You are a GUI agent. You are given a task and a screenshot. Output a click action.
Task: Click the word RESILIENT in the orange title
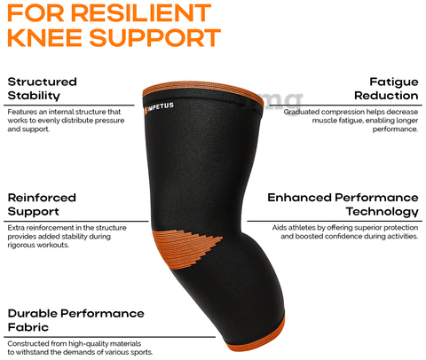tap(140, 13)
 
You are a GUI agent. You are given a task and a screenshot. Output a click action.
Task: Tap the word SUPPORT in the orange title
tap(154, 37)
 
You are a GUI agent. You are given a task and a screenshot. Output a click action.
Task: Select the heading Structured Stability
tap(42, 89)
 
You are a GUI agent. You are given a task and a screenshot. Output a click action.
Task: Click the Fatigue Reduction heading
tap(386, 89)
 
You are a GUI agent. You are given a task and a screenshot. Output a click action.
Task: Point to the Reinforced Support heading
tap(42, 205)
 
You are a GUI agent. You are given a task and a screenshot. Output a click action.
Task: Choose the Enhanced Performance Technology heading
tap(343, 205)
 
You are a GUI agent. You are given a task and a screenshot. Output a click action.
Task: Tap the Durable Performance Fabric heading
tap(75, 320)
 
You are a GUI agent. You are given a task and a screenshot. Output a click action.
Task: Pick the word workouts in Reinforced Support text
tap(56, 245)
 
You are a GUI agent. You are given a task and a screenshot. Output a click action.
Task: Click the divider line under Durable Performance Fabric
tap(109, 337)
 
